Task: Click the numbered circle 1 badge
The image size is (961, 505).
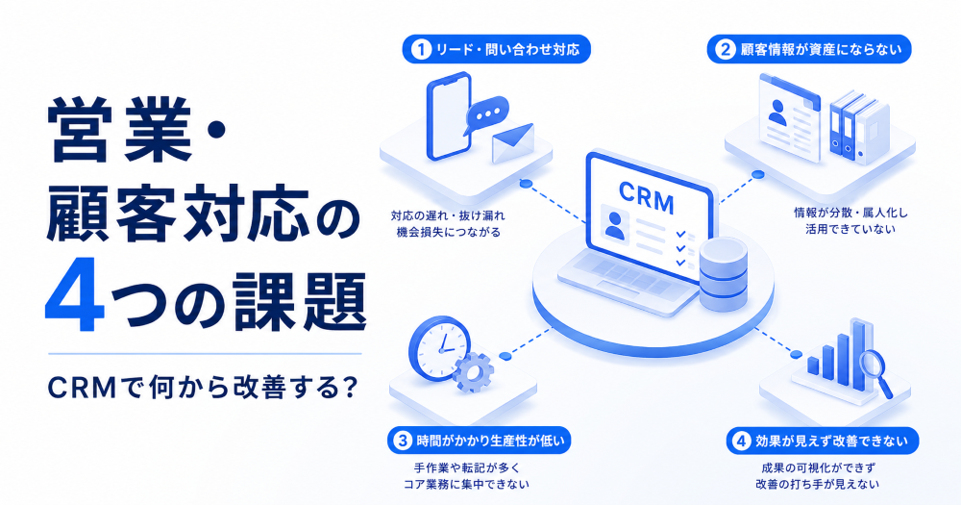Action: click(421, 50)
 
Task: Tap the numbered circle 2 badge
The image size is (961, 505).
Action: click(726, 50)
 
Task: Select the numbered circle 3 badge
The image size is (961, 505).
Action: click(402, 441)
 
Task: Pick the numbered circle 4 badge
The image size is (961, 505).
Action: click(742, 441)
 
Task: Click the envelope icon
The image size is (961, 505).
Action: click(513, 143)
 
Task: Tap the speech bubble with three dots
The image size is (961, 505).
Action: click(486, 114)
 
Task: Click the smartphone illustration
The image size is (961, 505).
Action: click(449, 116)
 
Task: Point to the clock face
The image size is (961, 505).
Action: click(439, 348)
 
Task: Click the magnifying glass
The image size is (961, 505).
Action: click(876, 370)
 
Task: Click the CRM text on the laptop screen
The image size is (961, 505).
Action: click(646, 197)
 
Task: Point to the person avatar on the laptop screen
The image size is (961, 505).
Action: click(615, 225)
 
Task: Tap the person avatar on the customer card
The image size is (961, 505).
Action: click(777, 113)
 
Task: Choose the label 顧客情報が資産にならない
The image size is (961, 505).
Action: click(822, 50)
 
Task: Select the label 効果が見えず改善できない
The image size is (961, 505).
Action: click(831, 441)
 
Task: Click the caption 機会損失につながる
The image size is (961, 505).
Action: click(448, 232)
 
